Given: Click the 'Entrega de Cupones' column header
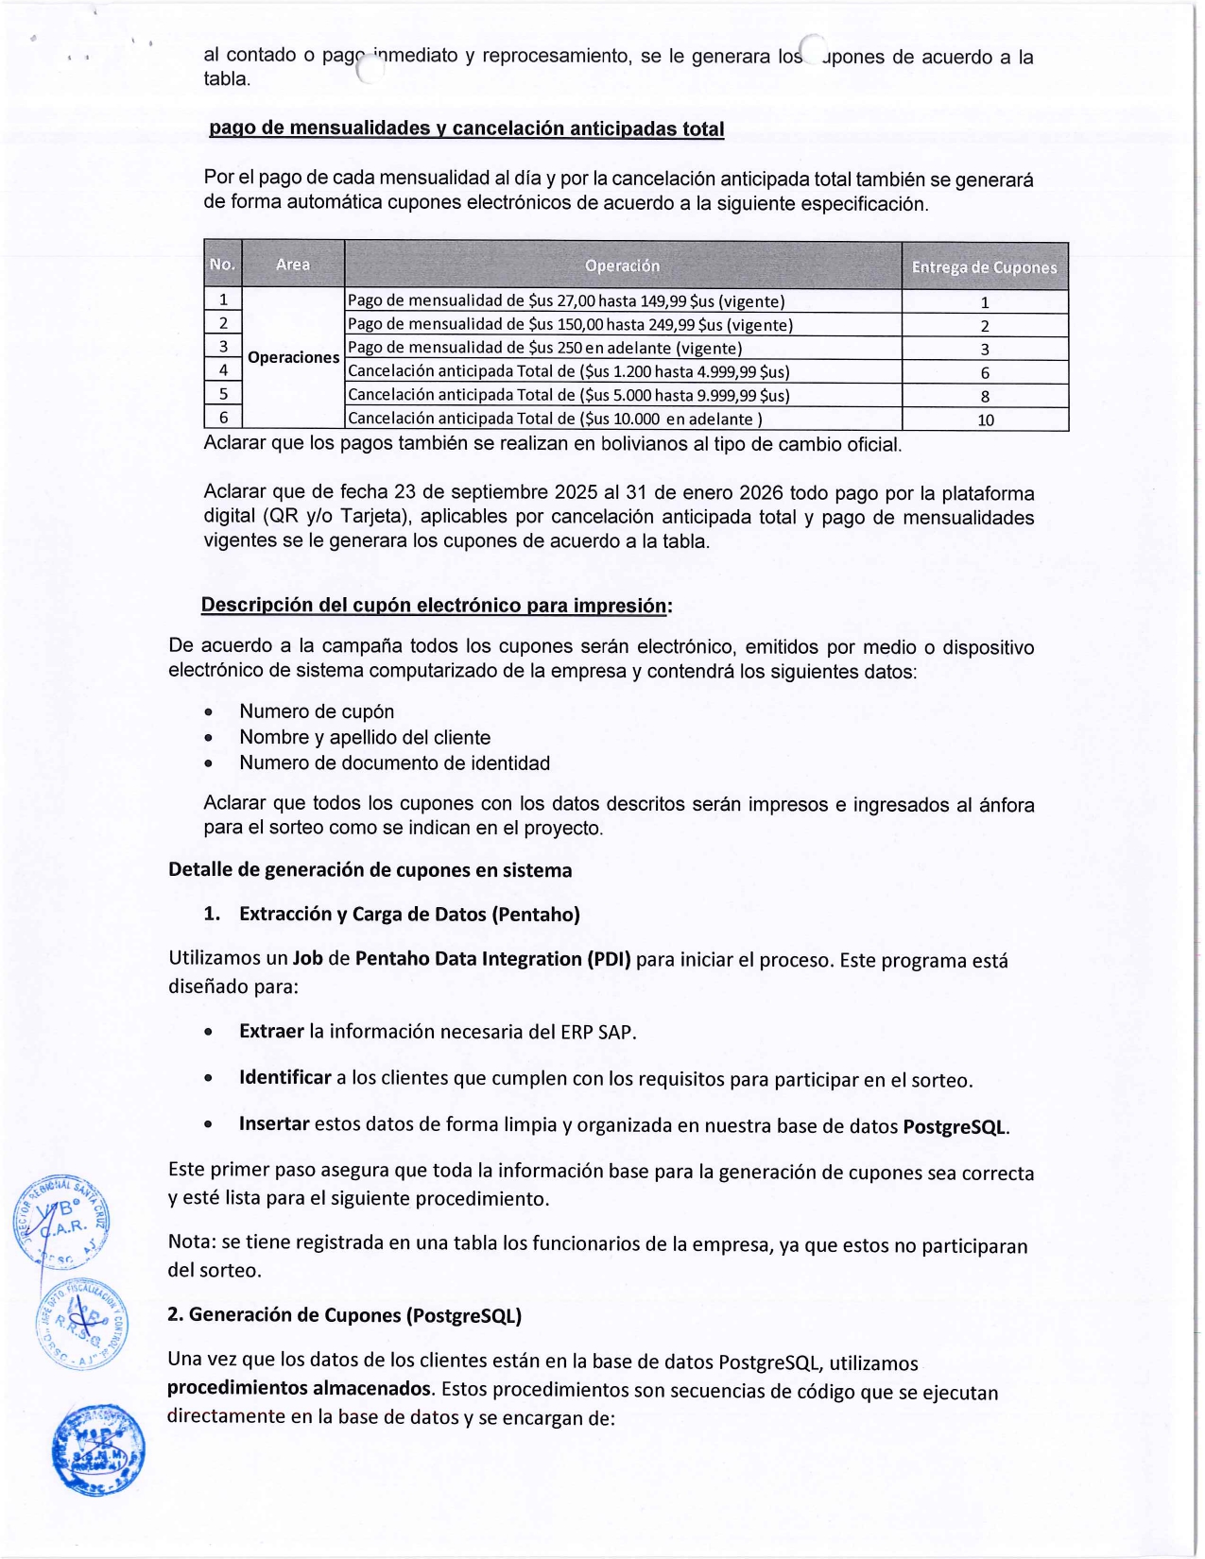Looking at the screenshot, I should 984,267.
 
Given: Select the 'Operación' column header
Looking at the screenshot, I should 622,266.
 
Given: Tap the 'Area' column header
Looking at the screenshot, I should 293,265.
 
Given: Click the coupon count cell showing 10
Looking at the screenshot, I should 985,420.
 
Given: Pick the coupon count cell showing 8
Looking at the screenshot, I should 985,396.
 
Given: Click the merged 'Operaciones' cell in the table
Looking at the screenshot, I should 293,357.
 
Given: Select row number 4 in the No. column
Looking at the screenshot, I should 223,370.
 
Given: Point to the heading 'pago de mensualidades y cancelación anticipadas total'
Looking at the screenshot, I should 466,128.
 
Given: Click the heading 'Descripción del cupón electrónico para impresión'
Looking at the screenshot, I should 436,605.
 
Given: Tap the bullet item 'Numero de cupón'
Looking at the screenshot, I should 317,711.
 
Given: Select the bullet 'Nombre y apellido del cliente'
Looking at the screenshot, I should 365,737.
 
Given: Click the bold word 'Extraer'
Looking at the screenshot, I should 271,1031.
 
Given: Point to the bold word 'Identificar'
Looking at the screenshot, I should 284,1077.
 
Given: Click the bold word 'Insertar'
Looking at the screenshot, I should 274,1123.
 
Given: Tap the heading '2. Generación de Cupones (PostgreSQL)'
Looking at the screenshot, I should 345,1314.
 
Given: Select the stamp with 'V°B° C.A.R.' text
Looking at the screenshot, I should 63,1221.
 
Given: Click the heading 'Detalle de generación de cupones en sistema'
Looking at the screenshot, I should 370,869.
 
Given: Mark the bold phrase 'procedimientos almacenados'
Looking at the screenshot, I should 300,1387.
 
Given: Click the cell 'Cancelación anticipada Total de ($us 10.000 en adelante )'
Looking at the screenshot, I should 555,419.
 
